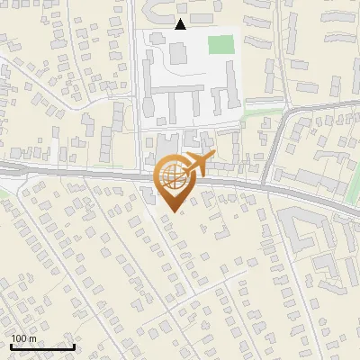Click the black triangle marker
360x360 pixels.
click(x=181, y=24)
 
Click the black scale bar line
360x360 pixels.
click(x=41, y=347)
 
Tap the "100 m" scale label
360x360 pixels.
click(x=23, y=338)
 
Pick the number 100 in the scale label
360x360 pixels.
click(x=19, y=338)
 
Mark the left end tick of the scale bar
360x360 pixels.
click(x=10, y=346)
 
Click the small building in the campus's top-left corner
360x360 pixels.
click(x=148, y=39)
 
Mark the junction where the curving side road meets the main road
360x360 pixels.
click(x=266, y=186)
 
